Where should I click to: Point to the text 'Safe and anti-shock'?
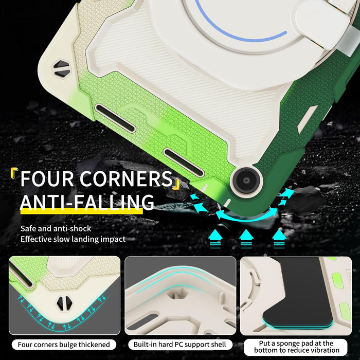click(x=56, y=228)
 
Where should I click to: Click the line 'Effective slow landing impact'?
click(x=73, y=239)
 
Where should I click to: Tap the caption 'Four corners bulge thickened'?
click(x=64, y=345)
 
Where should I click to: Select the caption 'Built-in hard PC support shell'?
click(x=180, y=345)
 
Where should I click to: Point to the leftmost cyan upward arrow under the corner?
click(x=215, y=236)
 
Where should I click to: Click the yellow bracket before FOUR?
click(x=14, y=174)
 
